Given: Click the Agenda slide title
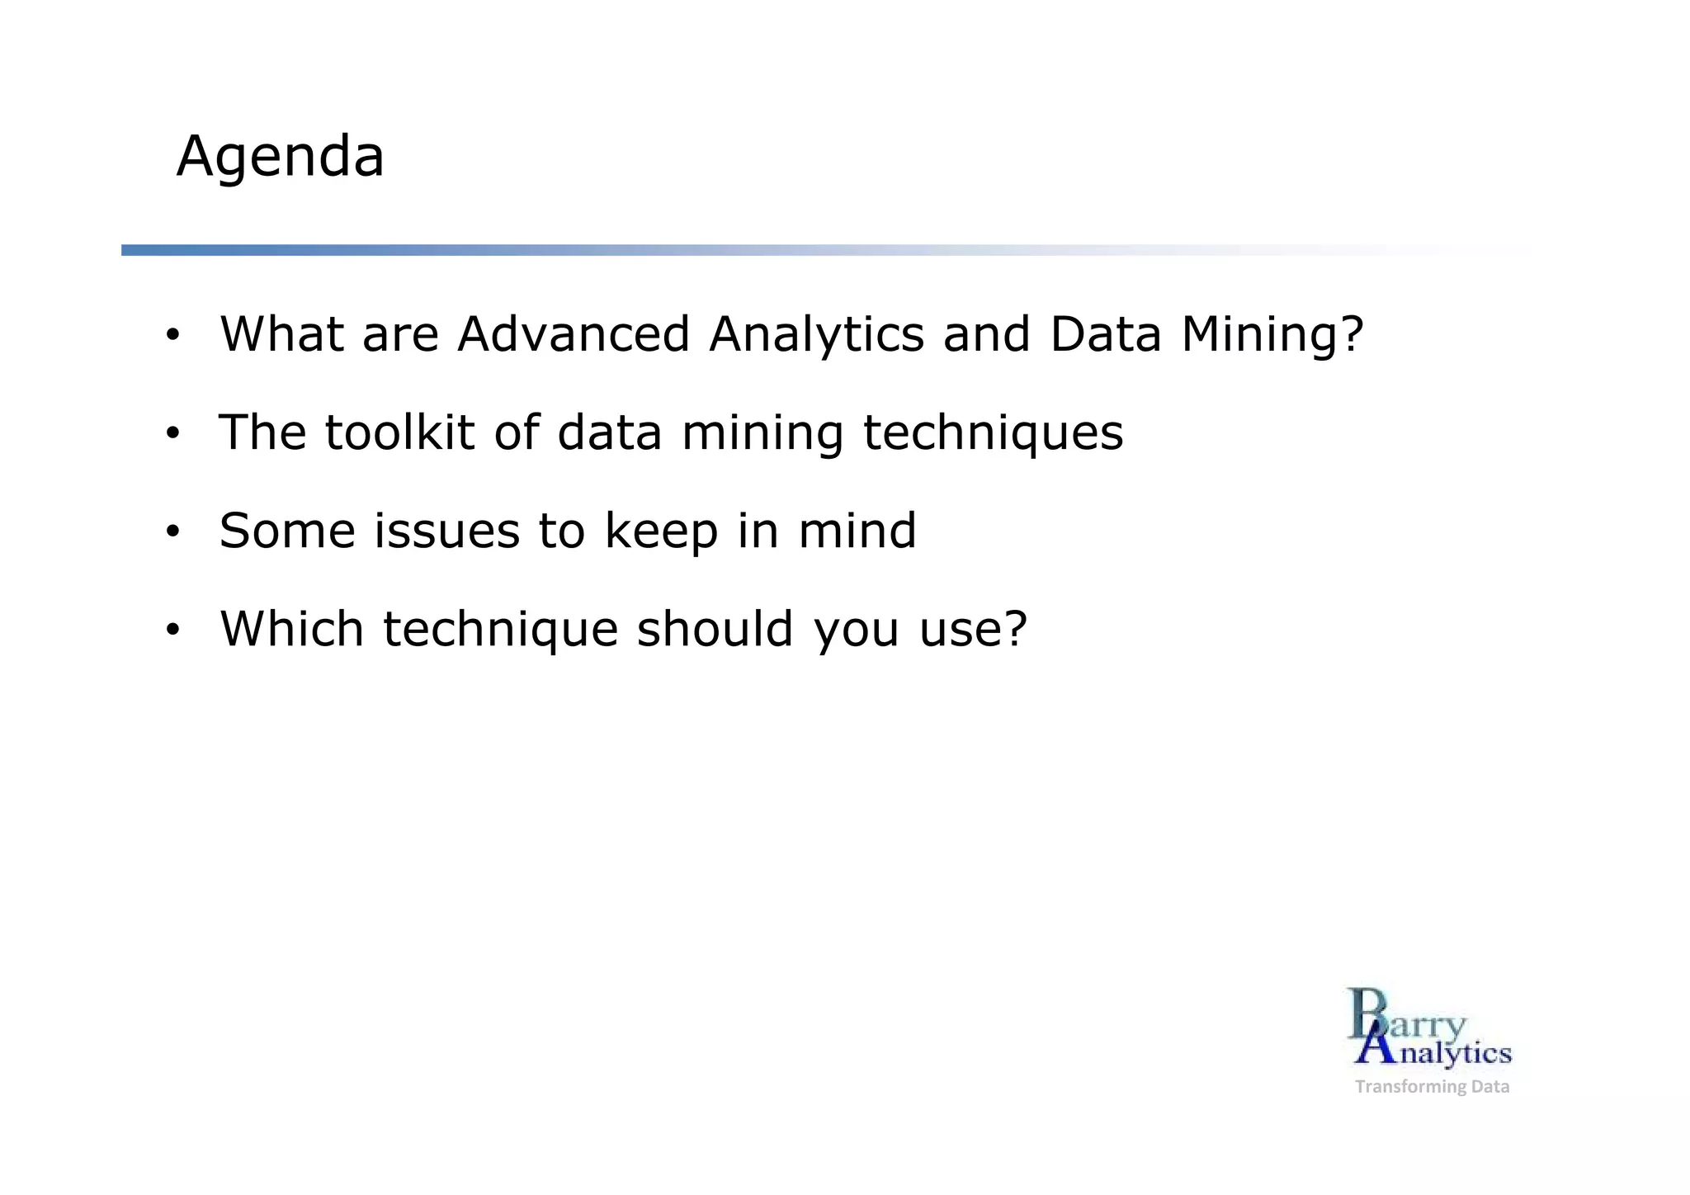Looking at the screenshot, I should tap(280, 157).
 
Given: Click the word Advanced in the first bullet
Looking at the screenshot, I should tap(574, 335).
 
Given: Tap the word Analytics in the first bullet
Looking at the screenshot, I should tap(816, 335).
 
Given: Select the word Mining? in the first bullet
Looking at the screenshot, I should tap(1272, 335).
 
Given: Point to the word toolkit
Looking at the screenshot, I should tap(399, 432).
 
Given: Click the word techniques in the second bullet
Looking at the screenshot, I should tap(993, 434).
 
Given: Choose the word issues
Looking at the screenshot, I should tap(446, 531).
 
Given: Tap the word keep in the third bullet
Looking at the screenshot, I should tap(661, 532).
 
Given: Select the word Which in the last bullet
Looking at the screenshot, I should tap(291, 629).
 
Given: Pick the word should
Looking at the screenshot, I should tap(715, 629).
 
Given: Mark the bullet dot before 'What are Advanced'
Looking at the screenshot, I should tap(172, 336).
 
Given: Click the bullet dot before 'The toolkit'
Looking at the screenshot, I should tap(172, 434).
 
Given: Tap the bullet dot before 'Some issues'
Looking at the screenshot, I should tap(172, 532).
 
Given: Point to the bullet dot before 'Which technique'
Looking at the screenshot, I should tap(172, 631).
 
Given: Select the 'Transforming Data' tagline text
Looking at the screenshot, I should tap(1432, 1087).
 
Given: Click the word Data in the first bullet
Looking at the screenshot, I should tap(1105, 335).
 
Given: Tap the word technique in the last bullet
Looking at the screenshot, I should tap(500, 631).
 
